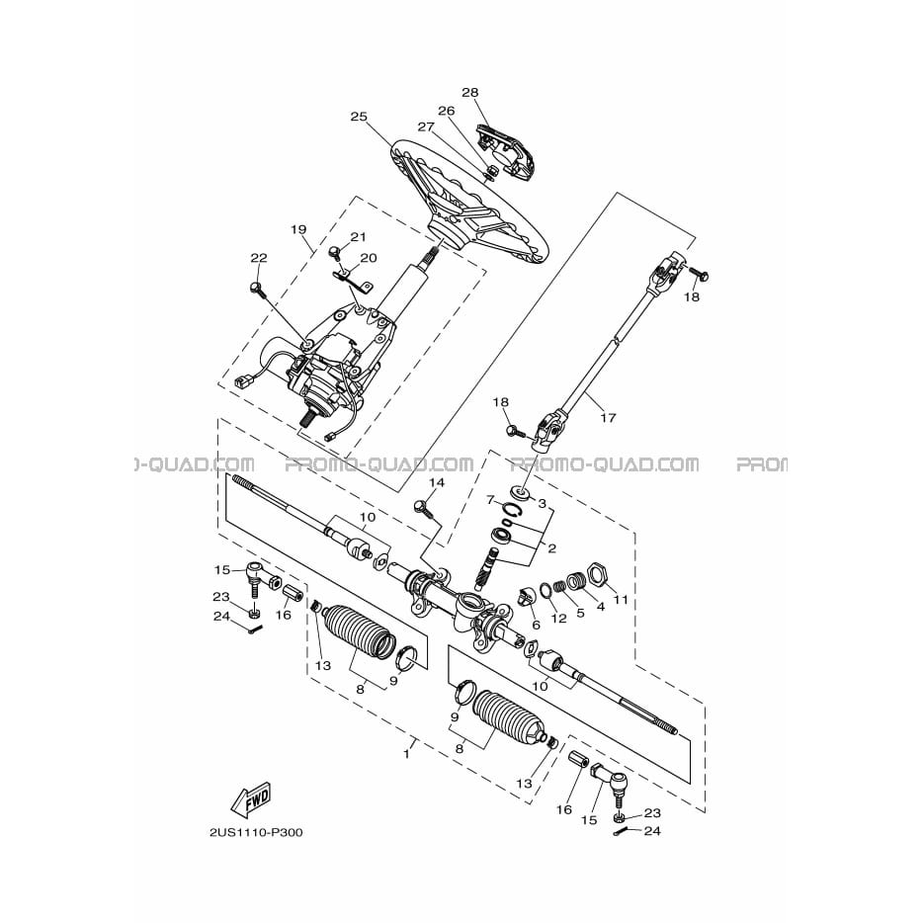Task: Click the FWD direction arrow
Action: [251, 798]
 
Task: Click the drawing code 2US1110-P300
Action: [257, 832]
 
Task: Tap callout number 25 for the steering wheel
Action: [359, 117]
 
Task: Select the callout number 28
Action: [469, 93]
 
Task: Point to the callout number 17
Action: [608, 417]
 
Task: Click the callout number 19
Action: [298, 229]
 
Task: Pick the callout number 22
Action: [258, 258]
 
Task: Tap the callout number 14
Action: [436, 482]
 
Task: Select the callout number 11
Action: [621, 600]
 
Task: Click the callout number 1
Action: [406, 754]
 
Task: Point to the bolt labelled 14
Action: [424, 509]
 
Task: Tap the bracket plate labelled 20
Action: [354, 281]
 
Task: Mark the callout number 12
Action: [558, 618]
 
